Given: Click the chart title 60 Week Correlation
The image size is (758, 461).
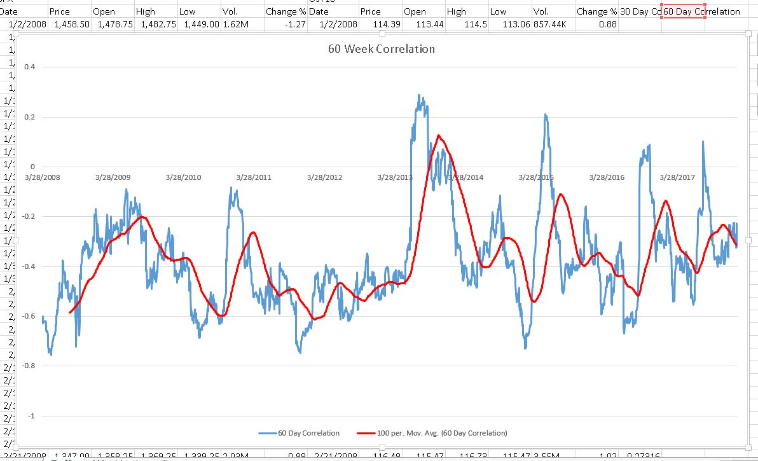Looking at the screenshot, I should [x=382, y=49].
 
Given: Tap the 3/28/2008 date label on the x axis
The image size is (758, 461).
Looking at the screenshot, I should [x=43, y=177].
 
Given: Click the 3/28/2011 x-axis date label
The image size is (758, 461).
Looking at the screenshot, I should [x=254, y=177].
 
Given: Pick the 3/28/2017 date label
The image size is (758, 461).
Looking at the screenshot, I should [x=677, y=177].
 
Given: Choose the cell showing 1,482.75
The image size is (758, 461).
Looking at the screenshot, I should [x=153, y=24].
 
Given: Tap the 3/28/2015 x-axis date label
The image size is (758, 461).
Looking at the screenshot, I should [x=536, y=177].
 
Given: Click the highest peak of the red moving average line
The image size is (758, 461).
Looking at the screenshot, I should [x=439, y=135].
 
